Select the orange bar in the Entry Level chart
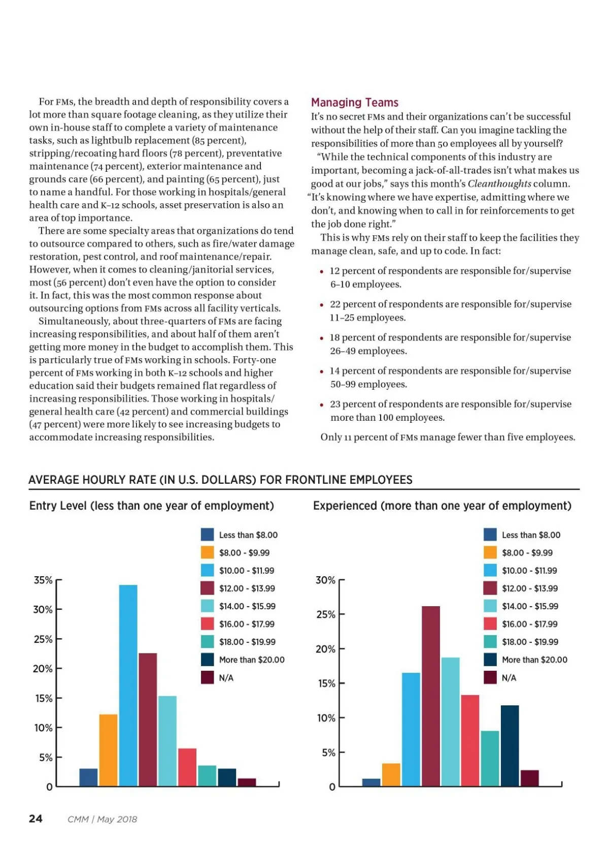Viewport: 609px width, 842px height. pos(108,750)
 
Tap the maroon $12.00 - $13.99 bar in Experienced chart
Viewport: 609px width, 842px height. pos(431,696)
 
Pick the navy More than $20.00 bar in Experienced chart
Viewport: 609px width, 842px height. pos(510,745)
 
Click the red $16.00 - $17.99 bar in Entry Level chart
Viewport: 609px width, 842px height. pos(187,767)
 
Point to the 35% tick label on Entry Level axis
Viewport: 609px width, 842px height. pos(43,580)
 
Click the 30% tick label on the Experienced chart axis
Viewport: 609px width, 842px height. pos(325,580)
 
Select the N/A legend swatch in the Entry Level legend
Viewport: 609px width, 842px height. pos(207,677)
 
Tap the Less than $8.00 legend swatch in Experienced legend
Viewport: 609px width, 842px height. pos(490,535)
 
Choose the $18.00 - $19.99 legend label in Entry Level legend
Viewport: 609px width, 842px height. pos(247,642)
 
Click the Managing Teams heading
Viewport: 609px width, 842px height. pos(354,103)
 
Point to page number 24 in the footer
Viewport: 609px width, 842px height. pos(36,818)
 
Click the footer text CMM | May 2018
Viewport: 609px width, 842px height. pos(102,819)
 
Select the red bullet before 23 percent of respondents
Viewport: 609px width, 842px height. pos(322,405)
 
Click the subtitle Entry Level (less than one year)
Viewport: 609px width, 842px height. pos(151,506)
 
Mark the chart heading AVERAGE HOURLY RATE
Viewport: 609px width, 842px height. pos(220,480)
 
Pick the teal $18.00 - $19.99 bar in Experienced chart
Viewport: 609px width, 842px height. pos(490,758)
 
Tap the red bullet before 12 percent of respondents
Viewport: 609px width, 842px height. pos(322,272)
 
